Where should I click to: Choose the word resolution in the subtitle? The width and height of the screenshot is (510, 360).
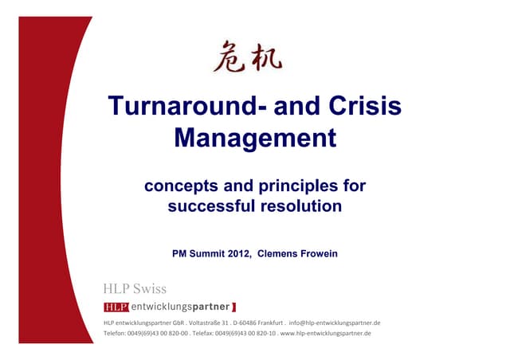[x=300, y=206]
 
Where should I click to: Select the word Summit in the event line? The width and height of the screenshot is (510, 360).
[x=205, y=254]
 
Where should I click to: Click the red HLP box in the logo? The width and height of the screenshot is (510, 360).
[x=116, y=307]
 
